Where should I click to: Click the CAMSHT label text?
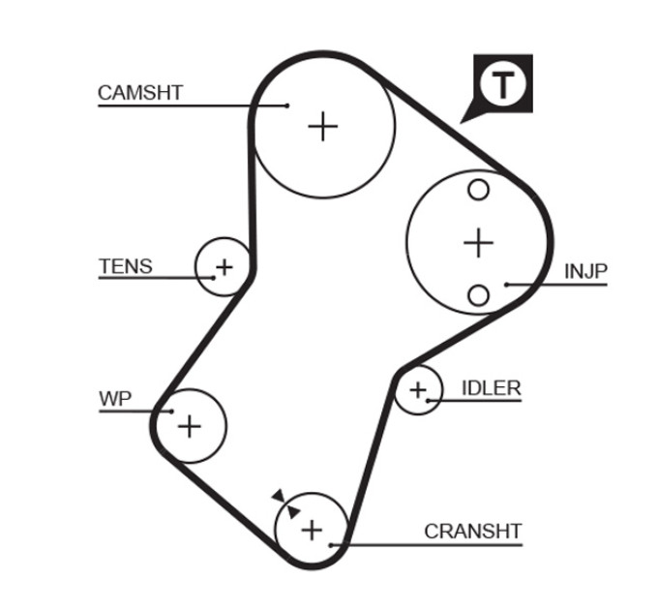[x=140, y=93]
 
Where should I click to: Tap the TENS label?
[x=126, y=266]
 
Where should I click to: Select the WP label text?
[x=115, y=398]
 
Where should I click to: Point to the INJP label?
[x=585, y=271]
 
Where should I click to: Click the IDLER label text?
[x=492, y=388]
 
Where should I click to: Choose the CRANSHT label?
[x=473, y=532]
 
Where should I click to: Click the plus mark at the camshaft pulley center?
[x=322, y=126]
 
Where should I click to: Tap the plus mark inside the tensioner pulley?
[x=224, y=267]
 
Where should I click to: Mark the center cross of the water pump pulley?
[x=190, y=427]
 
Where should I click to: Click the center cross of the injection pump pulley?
[x=478, y=243]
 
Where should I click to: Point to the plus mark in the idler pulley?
[x=418, y=390]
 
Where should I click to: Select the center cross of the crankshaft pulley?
[x=312, y=530]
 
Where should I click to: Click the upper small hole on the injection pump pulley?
[x=478, y=190]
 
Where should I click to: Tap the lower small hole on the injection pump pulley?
[x=478, y=295]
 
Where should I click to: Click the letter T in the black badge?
[x=502, y=84]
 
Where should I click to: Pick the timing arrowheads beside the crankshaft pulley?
[x=285, y=503]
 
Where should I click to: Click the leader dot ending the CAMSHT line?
[x=287, y=106]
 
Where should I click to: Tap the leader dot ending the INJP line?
[x=506, y=285]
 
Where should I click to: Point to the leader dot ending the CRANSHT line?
[x=331, y=545]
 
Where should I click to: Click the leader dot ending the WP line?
[x=171, y=412]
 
